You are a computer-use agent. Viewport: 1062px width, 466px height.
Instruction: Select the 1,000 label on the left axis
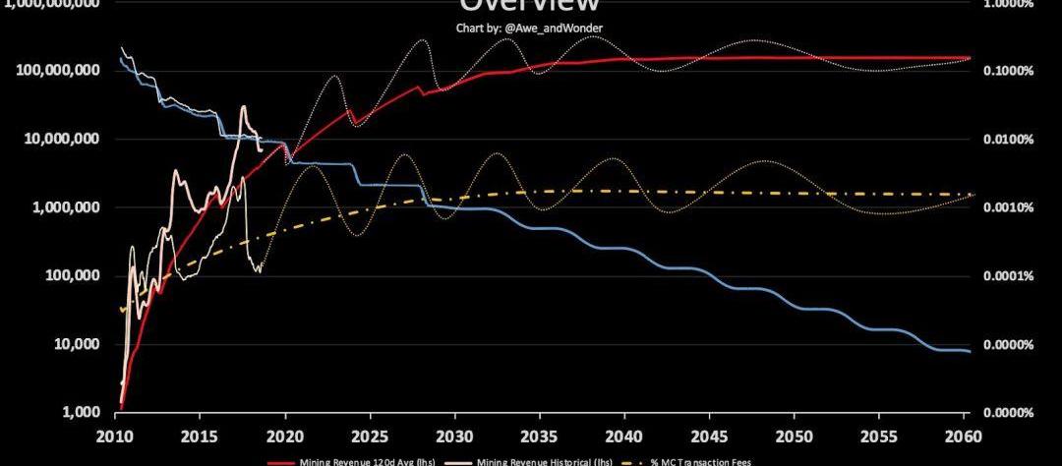(x=83, y=412)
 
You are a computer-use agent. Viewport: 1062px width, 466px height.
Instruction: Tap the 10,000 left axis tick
(x=78, y=344)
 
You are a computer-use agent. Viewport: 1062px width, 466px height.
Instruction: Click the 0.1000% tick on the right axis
(x=1007, y=71)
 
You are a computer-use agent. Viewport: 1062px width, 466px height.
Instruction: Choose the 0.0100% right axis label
(x=1007, y=139)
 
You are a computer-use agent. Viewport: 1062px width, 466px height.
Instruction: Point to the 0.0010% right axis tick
(x=1007, y=207)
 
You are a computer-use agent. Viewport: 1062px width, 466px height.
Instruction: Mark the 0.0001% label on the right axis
(x=1007, y=275)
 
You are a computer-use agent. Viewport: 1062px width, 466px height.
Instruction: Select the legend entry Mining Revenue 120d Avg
(x=355, y=461)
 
